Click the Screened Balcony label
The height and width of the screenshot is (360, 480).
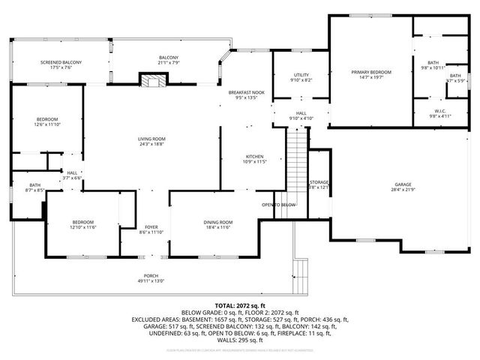tap(61, 62)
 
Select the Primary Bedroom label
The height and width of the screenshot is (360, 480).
tap(371, 72)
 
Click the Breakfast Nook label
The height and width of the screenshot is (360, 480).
tap(247, 91)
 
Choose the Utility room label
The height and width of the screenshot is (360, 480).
tap(301, 75)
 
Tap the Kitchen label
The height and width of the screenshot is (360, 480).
tap(253, 156)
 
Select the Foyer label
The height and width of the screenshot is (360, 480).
tap(151, 227)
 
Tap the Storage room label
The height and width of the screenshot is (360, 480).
tap(319, 182)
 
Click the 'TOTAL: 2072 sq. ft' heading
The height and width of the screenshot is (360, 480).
tap(240, 306)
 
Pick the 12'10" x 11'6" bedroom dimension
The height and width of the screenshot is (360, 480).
tap(82, 227)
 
